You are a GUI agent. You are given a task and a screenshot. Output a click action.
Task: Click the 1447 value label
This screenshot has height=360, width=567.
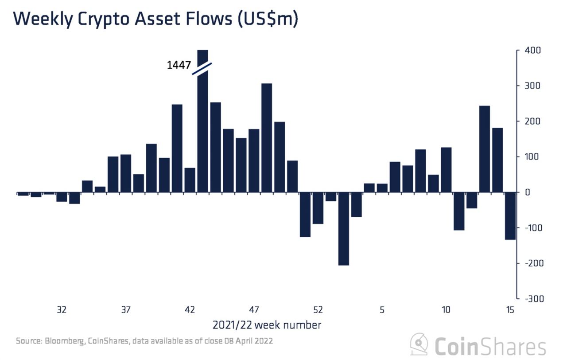[179, 66]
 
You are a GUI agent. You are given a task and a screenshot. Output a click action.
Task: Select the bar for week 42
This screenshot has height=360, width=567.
[190, 180]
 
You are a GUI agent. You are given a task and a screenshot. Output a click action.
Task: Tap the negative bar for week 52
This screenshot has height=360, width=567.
[318, 208]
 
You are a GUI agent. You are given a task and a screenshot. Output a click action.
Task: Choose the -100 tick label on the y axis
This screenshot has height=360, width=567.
[533, 228]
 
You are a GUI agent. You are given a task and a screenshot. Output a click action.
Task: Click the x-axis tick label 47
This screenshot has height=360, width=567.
[254, 309]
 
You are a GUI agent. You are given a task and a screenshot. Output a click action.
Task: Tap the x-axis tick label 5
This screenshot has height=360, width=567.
[382, 309]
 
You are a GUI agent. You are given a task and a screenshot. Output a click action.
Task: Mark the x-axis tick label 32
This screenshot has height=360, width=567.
[62, 309]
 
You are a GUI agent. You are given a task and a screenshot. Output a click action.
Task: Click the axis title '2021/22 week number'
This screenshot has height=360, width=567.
[267, 325]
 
